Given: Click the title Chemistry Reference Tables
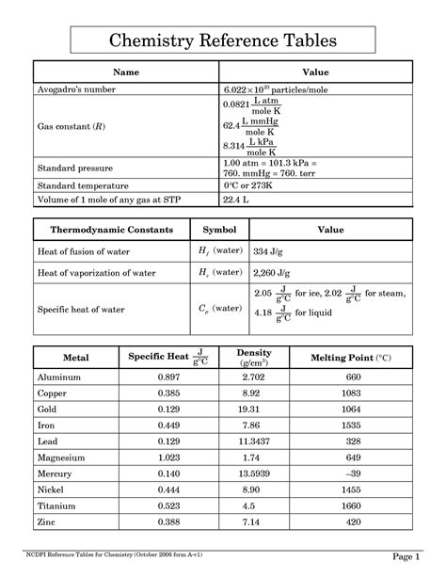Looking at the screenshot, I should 223,40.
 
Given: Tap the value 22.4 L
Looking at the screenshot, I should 235,200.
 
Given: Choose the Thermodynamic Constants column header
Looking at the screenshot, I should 104,230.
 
